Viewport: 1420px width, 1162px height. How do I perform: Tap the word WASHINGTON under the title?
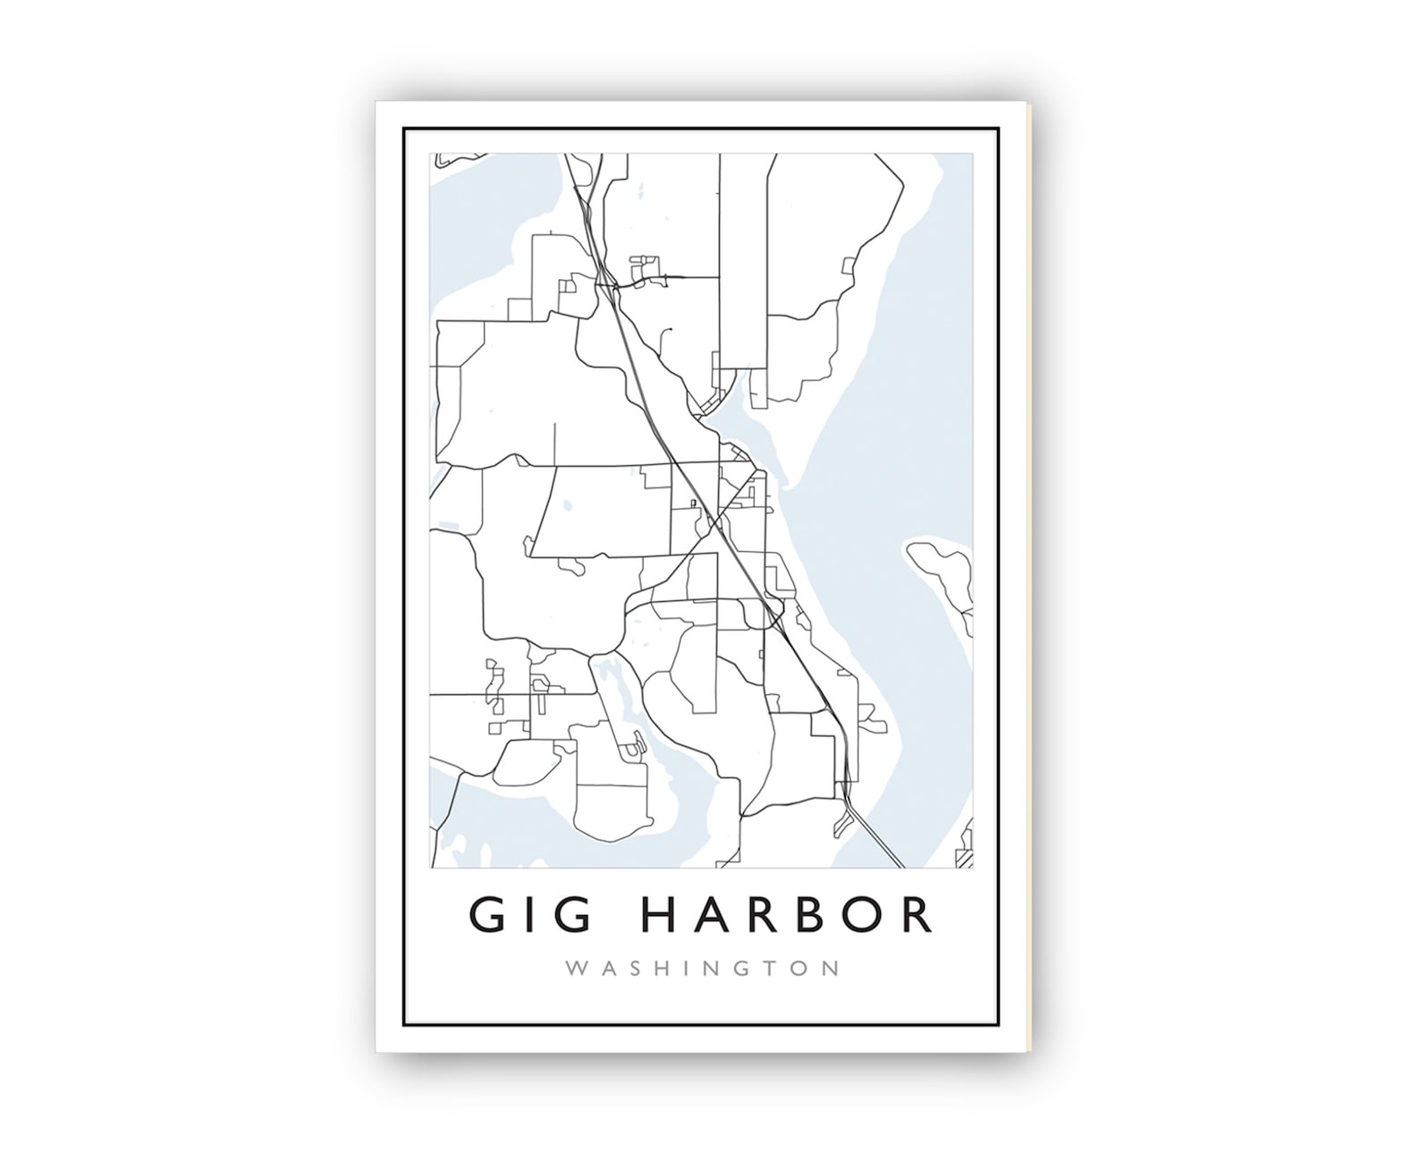tap(702, 968)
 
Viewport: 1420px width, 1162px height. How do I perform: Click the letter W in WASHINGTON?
tap(578, 968)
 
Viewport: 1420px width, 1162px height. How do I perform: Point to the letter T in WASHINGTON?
tap(770, 968)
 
